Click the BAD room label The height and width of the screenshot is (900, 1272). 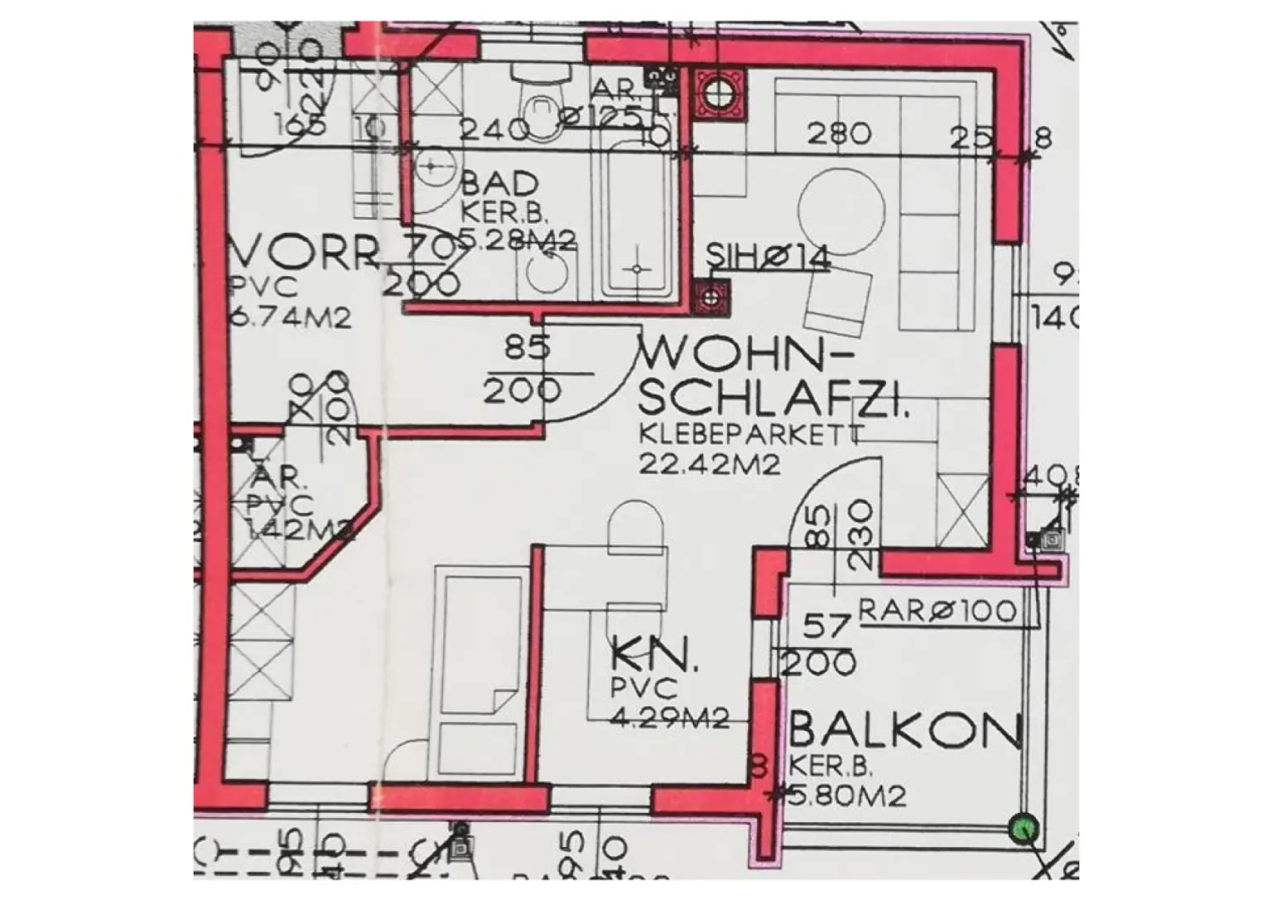pos(499,183)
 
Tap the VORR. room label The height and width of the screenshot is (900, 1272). pos(303,252)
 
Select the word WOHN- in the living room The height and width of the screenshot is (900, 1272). pos(735,356)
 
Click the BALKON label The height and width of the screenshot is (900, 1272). pos(905,731)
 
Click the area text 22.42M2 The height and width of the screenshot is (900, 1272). pos(709,464)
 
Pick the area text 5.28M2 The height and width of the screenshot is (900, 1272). pos(518,240)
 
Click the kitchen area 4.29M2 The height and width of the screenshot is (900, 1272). pos(669,717)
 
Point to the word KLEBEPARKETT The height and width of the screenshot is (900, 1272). pos(751,434)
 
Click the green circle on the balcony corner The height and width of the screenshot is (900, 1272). pos(1024,829)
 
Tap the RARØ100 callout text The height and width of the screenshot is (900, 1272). pos(937,612)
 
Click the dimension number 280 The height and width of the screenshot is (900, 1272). pos(839,133)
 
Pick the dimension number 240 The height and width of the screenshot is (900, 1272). pos(494,129)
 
